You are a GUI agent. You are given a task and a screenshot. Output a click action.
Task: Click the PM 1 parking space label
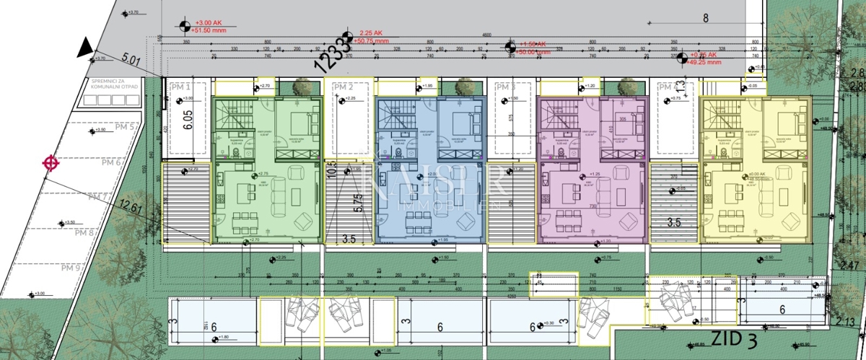click(x=178, y=87)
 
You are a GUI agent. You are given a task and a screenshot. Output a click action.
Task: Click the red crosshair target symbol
click(x=51, y=163)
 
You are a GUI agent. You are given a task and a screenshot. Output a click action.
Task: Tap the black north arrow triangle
click(x=85, y=49)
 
